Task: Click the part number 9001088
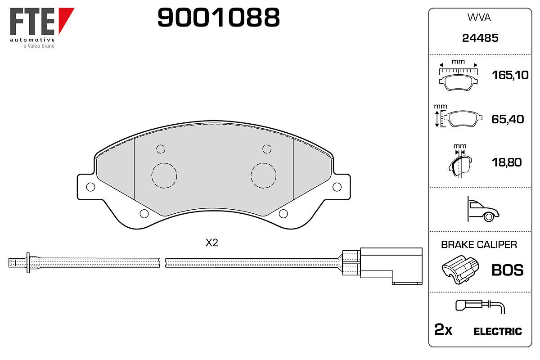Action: click(218, 17)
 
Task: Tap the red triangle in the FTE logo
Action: click(65, 17)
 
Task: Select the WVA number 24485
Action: click(480, 38)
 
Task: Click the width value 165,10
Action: click(510, 75)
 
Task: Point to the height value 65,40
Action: click(508, 119)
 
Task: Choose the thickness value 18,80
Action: click(507, 162)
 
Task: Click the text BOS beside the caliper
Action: click(508, 270)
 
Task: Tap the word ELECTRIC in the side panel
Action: click(498, 331)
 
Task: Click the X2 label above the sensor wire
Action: click(211, 243)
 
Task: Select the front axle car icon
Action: click(483, 209)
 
